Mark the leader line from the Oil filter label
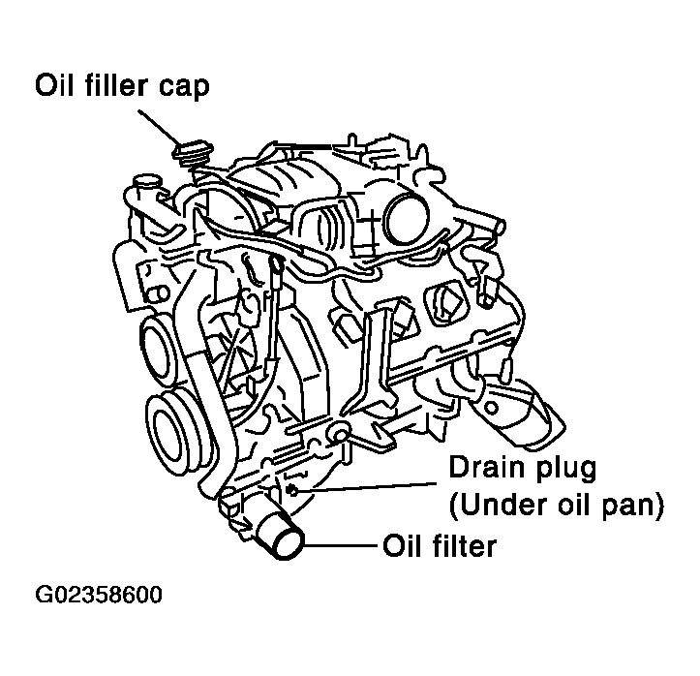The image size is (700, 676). pos(340,547)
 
